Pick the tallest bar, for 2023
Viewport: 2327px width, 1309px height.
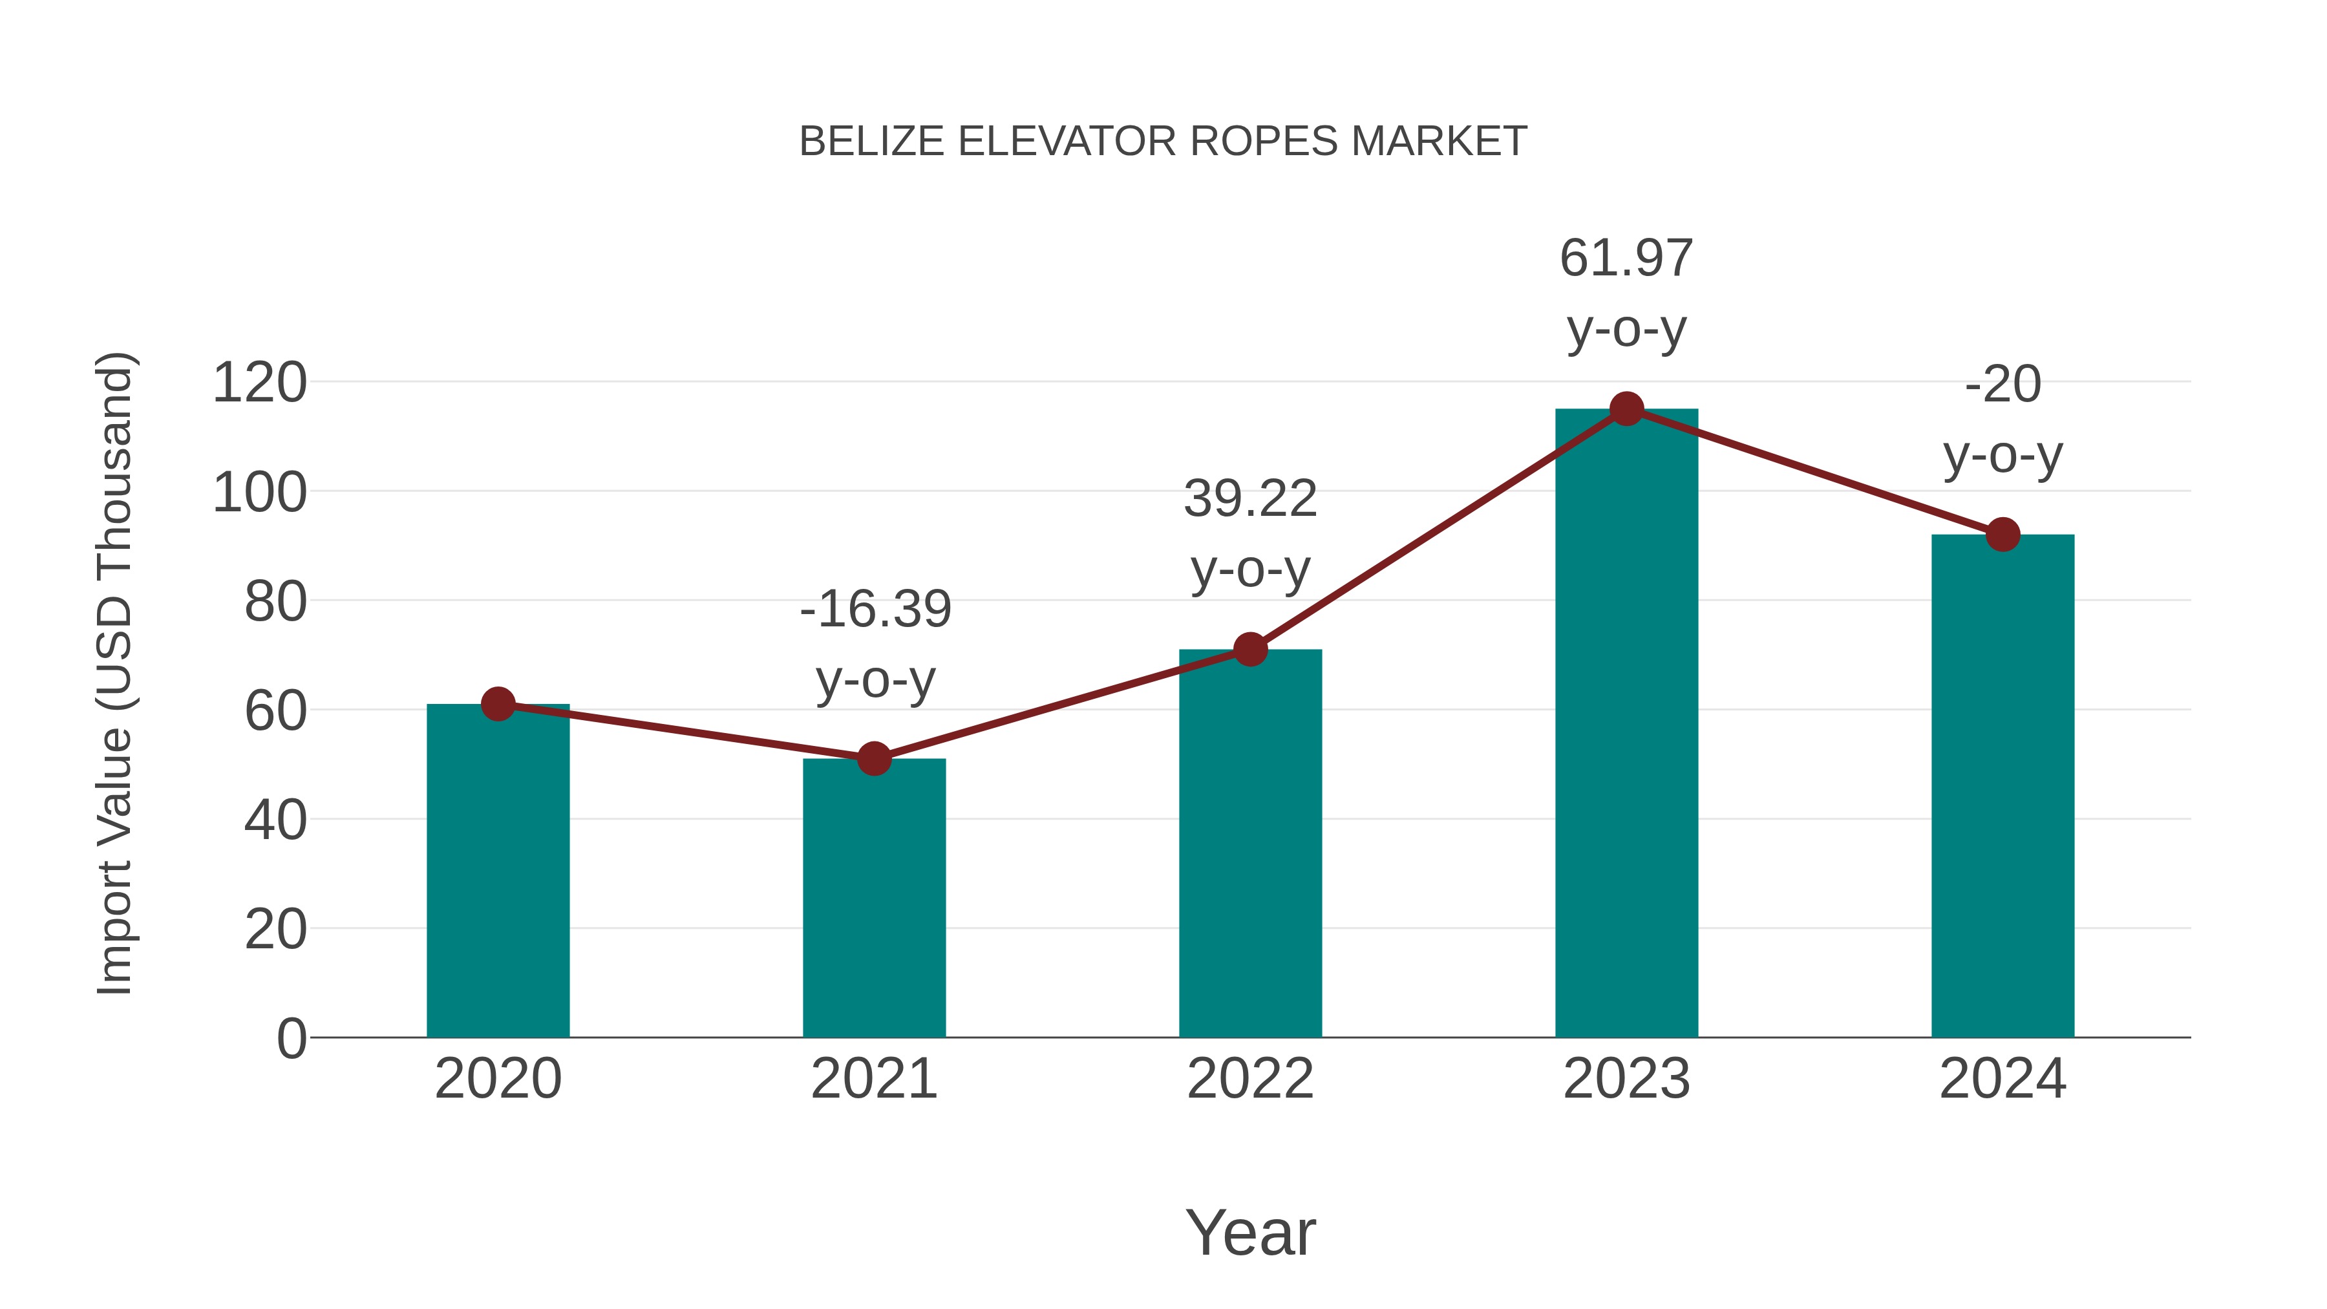tap(1626, 723)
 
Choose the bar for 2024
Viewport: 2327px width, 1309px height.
tap(2003, 786)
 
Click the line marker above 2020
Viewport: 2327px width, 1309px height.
tap(498, 704)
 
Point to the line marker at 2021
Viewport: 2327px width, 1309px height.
tap(873, 759)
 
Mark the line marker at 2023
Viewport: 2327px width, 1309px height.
tap(1626, 409)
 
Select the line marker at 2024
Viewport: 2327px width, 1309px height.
tap(2003, 535)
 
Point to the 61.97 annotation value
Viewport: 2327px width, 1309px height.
tap(1626, 259)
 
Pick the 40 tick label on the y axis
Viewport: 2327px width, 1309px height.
tap(275, 820)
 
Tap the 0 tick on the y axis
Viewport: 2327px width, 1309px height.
tap(292, 1039)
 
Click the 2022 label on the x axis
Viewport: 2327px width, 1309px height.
tap(1250, 1079)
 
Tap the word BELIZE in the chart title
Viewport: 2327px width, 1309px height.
tap(873, 142)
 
